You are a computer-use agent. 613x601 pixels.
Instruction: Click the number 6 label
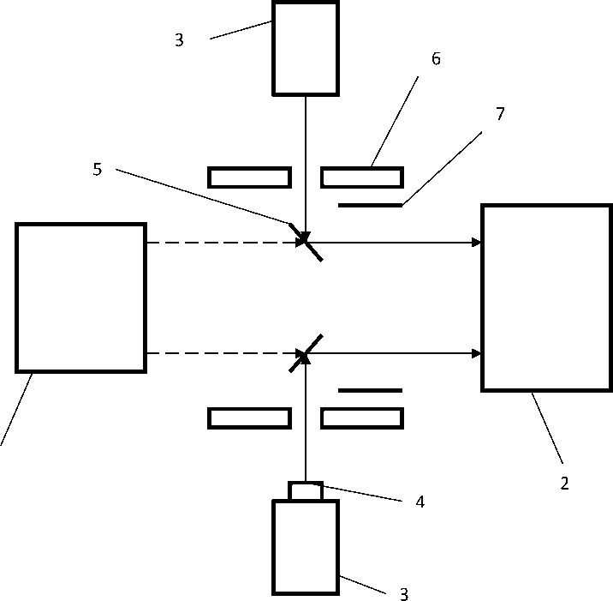436,58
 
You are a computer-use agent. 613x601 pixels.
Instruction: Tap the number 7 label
500,114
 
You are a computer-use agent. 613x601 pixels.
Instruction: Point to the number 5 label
97,170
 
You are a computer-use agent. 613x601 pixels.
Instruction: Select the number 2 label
564,484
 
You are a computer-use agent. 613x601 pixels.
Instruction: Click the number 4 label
420,502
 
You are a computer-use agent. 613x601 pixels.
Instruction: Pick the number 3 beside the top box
179,40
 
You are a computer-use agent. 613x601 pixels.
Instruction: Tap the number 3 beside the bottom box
404,593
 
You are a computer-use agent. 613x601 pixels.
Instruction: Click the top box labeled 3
305,47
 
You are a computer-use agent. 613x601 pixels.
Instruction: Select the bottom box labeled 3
305,547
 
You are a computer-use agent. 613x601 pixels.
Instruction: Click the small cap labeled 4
306,491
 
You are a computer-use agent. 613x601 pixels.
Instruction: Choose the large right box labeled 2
546,297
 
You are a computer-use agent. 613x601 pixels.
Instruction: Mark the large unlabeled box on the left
80,297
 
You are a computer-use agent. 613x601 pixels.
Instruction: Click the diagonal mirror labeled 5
306,243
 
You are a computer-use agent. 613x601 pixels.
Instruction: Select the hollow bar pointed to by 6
361,177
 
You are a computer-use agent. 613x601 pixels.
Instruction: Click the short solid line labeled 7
370,206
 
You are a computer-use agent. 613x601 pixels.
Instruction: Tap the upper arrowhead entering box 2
476,243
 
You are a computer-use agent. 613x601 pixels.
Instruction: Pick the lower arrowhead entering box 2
476,353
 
